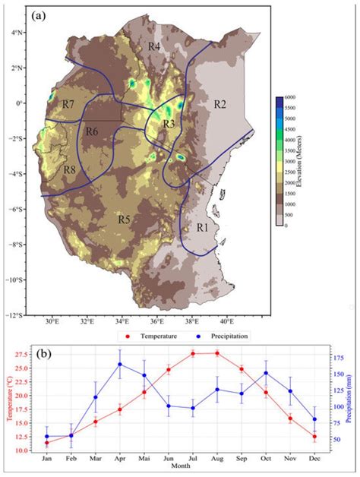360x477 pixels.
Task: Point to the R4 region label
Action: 154,47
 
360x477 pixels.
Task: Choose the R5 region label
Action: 124,220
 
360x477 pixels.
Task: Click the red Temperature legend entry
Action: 156,334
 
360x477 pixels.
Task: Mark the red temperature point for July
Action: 193,353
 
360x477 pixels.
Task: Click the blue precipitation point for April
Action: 120,365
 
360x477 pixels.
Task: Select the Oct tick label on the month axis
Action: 266,458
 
